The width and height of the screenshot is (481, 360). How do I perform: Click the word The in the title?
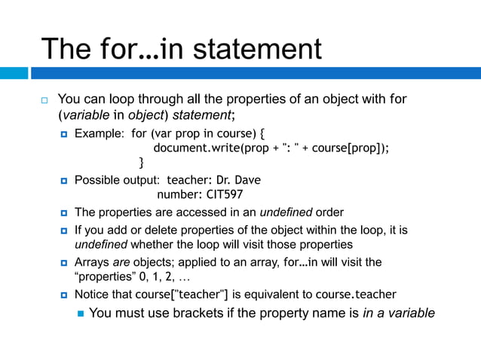tap(66, 50)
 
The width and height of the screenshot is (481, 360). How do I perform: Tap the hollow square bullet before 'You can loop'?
tap(44, 99)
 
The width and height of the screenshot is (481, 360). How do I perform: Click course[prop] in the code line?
tap(353, 148)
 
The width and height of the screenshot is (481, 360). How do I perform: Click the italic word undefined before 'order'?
tap(286, 212)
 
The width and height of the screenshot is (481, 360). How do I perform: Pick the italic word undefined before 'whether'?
tap(103, 245)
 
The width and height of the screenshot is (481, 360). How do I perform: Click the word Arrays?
tap(92, 262)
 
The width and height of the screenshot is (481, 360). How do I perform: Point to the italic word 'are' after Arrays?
tap(121, 262)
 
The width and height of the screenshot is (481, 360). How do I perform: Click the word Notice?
tap(93, 294)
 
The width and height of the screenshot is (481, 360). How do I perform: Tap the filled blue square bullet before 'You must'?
tap(80, 313)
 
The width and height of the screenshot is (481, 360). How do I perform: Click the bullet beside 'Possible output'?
tap(65, 181)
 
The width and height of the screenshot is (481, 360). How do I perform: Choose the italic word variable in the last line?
tap(408, 313)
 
